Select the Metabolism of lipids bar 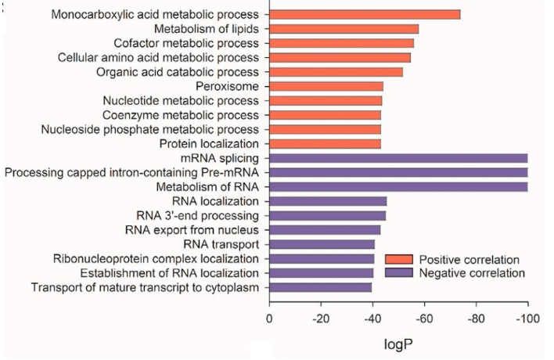(344, 29)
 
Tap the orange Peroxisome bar (326, 86)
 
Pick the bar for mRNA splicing (398, 158)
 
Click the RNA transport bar (322, 244)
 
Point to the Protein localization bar (325, 143)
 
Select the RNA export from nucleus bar (325, 229)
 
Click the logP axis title (398, 344)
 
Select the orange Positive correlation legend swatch (398, 259)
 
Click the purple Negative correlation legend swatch (398, 273)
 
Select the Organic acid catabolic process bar (336, 72)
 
